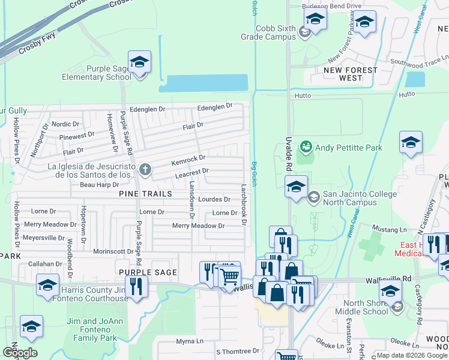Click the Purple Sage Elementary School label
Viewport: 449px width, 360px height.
pos(97,73)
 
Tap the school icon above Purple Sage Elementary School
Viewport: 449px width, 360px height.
pos(139,62)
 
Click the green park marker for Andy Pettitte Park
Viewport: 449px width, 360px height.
pos(306,146)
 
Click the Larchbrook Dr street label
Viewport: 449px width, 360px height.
pos(244,204)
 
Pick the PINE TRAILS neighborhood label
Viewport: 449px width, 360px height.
pos(145,194)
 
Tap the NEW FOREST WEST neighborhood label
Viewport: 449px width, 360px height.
pos(351,74)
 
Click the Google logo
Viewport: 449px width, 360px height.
pos(20,353)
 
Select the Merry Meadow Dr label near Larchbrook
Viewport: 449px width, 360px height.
pos(198,226)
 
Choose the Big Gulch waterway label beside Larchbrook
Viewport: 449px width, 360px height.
pos(255,174)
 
